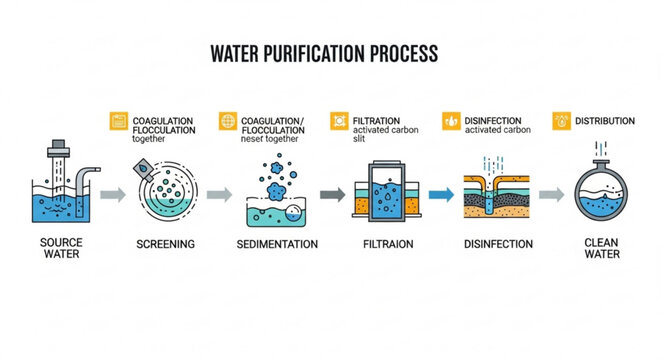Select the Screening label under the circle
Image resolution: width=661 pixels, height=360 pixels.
pyautogui.click(x=164, y=244)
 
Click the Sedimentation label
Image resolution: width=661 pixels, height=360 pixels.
pyautogui.click(x=277, y=244)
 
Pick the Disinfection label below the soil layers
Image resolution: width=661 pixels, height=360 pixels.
pyautogui.click(x=499, y=244)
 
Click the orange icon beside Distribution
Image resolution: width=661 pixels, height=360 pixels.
pyautogui.click(x=560, y=121)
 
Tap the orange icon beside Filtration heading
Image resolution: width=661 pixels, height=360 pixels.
pyautogui.click(x=337, y=121)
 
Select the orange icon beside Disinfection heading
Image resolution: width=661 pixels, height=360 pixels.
pyautogui.click(x=451, y=121)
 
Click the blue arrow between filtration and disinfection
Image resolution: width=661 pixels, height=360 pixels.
pyautogui.click(x=437, y=195)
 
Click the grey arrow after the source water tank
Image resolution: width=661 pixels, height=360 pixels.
pyautogui.click(x=114, y=195)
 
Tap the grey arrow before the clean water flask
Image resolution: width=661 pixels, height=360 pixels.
pyautogui.click(x=549, y=195)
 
